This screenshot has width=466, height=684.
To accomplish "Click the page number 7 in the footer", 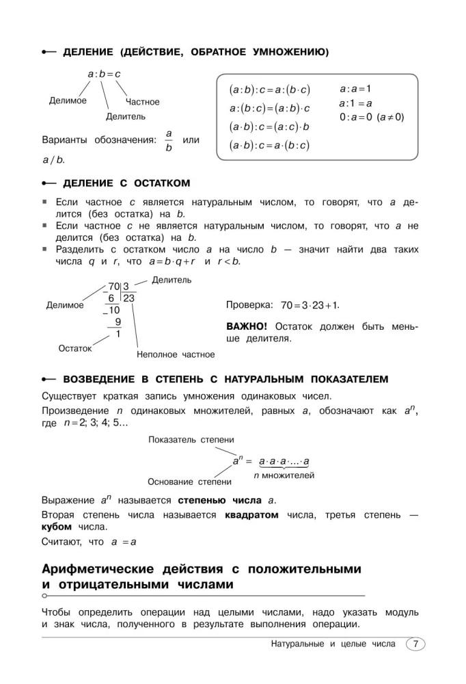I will click(x=415, y=644).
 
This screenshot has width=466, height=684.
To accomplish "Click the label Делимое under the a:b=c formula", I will click(x=68, y=101).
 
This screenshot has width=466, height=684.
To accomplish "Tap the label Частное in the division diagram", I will click(x=142, y=102).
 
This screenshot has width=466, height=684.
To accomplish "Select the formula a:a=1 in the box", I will click(x=355, y=89).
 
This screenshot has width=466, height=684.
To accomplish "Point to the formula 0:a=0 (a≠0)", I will click(x=371, y=117).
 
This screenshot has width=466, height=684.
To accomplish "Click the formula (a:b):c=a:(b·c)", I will click(x=269, y=90).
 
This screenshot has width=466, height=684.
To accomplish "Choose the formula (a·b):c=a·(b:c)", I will click(x=269, y=145).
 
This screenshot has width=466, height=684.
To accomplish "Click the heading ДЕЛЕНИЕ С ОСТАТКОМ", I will click(x=126, y=183).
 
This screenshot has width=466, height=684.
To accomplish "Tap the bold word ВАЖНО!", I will click(x=247, y=326).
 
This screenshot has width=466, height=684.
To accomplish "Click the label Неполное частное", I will click(x=176, y=354).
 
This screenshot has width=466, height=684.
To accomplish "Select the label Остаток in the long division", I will click(x=74, y=348).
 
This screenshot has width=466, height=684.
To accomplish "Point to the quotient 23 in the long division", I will click(x=128, y=298).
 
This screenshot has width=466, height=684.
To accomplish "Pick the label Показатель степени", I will click(x=191, y=440).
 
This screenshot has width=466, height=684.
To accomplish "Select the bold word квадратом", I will click(x=251, y=515).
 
